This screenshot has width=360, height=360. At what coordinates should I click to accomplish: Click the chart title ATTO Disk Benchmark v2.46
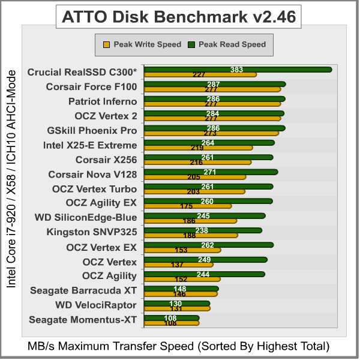coord(179,17)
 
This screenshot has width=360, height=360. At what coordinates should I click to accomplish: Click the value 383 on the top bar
coord(236,70)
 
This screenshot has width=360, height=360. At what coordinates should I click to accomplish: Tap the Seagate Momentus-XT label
coord(83,320)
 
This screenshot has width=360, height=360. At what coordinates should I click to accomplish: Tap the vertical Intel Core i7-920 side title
coord(10,178)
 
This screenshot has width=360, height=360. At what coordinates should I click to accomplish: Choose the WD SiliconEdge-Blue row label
coord(85,217)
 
